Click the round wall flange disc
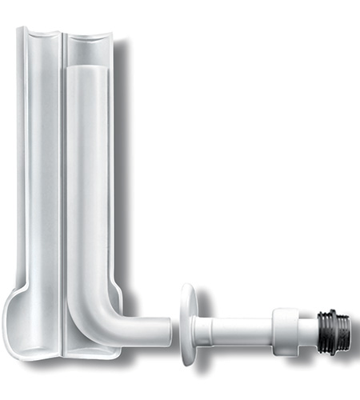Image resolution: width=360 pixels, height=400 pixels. coord(188,324)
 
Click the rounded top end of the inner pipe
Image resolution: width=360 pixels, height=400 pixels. coord(86,72)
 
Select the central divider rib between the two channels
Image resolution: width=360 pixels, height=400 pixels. coord(62,176)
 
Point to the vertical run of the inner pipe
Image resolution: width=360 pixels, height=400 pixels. coord(86,192)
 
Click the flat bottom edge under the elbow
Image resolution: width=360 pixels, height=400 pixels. coord(88,352)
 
